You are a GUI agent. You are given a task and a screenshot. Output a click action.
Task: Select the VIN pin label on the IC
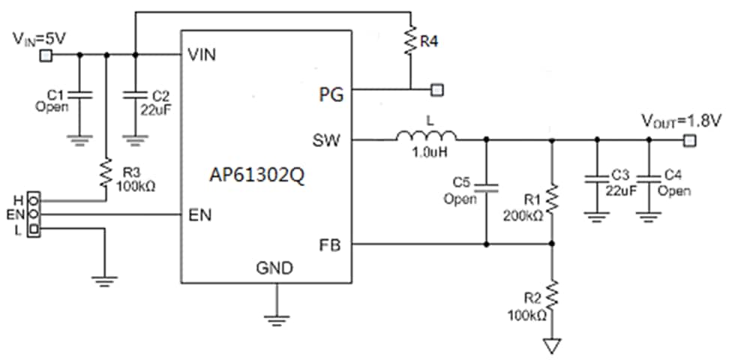202,55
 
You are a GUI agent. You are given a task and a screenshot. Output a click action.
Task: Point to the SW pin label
329,139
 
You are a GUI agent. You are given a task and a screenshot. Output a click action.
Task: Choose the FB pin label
331,244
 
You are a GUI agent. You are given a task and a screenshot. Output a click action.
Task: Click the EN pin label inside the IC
199,214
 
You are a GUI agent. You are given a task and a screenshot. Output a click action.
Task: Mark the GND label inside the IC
274,268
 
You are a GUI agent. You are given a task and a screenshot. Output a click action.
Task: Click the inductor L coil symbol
426,136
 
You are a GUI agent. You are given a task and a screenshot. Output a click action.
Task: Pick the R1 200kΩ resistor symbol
552,200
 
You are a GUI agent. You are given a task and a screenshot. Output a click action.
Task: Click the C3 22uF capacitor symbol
596,179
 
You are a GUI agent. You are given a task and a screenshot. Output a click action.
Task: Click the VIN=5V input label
37,37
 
